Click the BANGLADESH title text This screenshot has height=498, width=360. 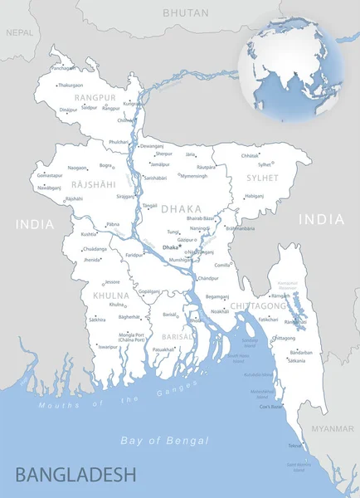pos(75,475)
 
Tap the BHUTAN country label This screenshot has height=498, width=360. pos(186,13)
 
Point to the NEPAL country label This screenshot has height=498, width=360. pos(20,32)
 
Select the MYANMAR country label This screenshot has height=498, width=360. pos(333,428)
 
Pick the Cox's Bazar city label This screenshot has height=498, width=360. pos(270,407)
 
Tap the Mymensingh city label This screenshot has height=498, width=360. pos(194,176)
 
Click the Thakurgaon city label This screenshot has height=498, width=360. pos(70,85)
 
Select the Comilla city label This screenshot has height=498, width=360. pos(222,265)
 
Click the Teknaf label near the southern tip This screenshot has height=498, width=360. pos(294,446)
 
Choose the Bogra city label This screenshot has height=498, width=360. pos(105,166)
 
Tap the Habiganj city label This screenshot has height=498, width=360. pos(254,197)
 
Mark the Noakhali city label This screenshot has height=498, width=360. pos(220,310)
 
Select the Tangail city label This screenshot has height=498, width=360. pos(149,205)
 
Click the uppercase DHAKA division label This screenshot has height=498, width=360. pos(181,209)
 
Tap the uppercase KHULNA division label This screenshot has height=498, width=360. pos(110,295)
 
